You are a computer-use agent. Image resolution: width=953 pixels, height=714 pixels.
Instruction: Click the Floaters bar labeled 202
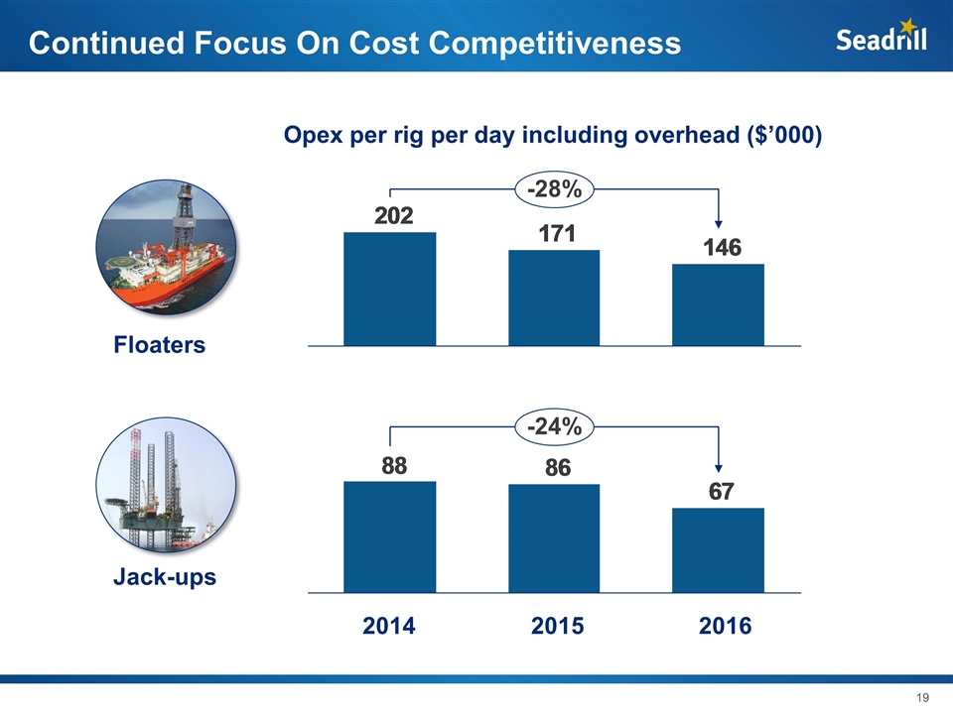tap(389, 289)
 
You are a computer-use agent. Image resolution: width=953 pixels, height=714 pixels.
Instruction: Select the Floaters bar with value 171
tap(554, 297)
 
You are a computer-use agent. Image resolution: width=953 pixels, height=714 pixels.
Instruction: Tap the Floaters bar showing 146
tap(718, 304)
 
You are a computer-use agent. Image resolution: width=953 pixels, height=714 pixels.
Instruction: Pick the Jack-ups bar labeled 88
tap(389, 536)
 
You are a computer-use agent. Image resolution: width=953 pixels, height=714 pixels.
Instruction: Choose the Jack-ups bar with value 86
tap(554, 538)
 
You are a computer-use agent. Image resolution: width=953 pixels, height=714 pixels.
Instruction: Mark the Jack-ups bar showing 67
tap(718, 550)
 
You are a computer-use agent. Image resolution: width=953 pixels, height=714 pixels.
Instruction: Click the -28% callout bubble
tap(554, 188)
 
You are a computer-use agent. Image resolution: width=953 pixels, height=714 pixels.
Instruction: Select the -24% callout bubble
tap(554, 427)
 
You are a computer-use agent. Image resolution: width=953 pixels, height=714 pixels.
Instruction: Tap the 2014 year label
tap(388, 627)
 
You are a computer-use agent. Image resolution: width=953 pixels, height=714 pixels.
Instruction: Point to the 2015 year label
tap(557, 627)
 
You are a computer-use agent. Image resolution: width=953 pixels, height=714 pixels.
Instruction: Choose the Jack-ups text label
tap(165, 576)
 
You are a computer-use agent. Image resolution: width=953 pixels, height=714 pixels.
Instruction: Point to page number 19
tap(921, 698)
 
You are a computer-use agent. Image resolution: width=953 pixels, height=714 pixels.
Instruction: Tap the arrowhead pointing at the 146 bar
tap(719, 224)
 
